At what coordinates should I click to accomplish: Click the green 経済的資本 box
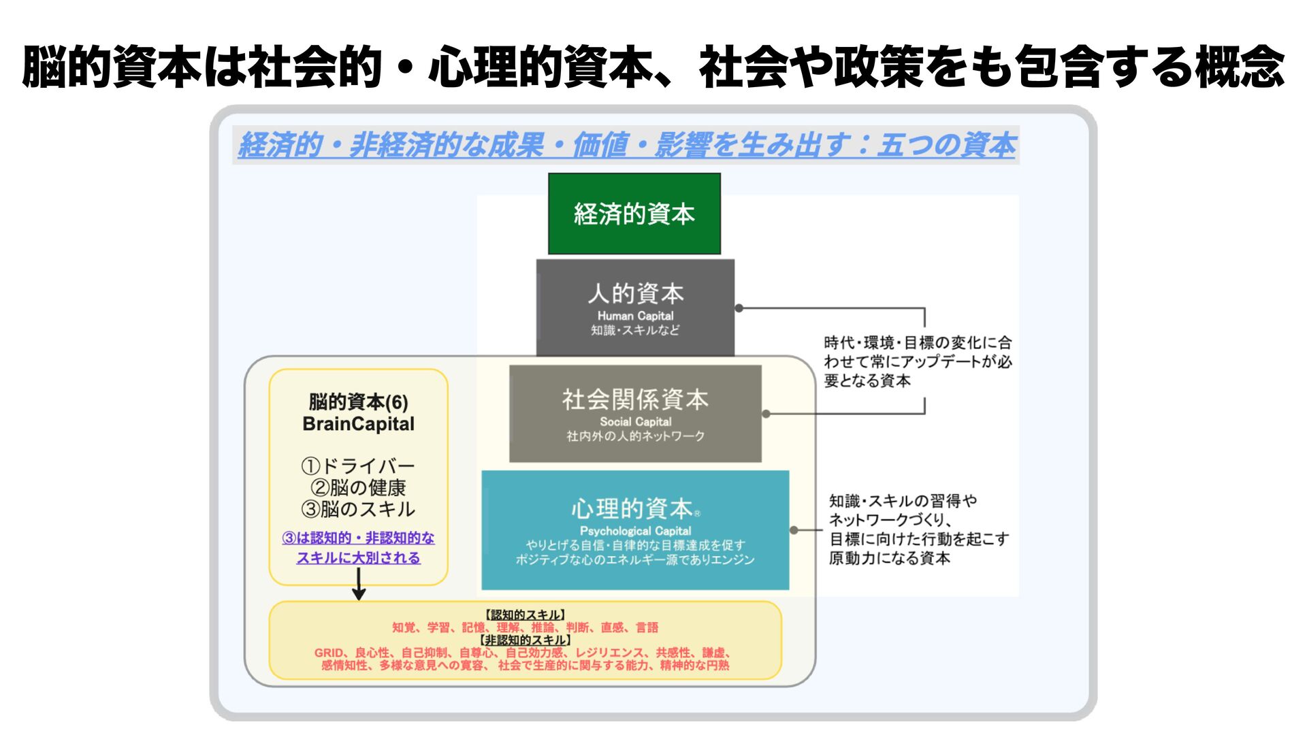point(634,214)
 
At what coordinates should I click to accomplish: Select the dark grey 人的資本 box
point(635,308)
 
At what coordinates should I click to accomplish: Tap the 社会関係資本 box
point(635,413)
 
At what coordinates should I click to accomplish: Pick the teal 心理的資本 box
point(635,530)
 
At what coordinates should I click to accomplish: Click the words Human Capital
point(635,316)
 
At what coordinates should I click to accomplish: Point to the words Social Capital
point(635,422)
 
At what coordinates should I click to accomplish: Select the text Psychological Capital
point(635,531)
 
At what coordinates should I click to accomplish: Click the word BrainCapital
point(358,424)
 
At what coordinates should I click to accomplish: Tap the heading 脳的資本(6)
point(358,402)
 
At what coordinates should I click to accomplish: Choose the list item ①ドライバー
point(358,466)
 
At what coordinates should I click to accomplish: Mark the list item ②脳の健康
point(358,488)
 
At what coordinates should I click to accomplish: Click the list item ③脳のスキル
point(358,509)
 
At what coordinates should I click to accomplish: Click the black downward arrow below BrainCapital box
point(359,585)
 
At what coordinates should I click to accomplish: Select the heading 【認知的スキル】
point(525,615)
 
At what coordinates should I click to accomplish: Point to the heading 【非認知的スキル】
point(525,640)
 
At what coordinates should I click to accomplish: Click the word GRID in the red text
point(328,653)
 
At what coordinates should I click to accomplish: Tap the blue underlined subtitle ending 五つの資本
point(626,145)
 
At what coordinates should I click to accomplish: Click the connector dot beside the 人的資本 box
point(739,308)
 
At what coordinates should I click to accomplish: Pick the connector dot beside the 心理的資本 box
point(794,529)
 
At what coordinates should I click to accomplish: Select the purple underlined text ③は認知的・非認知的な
point(358,538)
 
